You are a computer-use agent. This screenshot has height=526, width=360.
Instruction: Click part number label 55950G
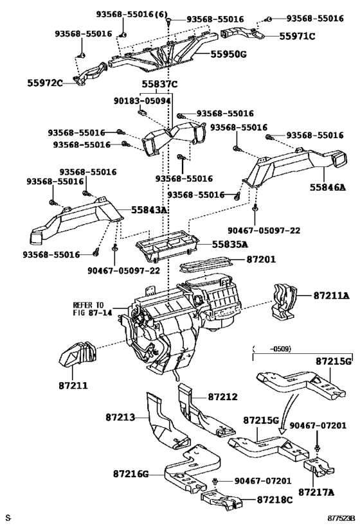(x=228, y=54)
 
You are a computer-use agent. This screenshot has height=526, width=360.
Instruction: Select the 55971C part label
(x=297, y=36)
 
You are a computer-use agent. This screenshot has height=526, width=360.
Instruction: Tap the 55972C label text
(x=45, y=83)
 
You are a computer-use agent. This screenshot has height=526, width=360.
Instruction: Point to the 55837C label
(x=159, y=84)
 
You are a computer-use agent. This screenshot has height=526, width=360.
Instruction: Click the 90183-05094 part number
(x=141, y=101)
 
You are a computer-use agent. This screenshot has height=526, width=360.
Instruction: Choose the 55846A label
(x=327, y=187)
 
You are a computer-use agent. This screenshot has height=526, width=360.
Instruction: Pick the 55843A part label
(x=148, y=210)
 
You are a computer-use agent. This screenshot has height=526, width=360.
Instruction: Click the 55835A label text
(x=230, y=245)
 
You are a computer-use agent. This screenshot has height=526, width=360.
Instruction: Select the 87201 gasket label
(x=261, y=259)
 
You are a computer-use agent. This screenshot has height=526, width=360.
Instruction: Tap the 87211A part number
(x=332, y=295)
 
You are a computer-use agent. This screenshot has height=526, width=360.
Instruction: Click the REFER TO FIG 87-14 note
(x=89, y=309)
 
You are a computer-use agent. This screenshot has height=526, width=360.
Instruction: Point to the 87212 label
(x=222, y=397)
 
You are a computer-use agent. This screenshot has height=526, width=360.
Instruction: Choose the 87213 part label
(x=120, y=417)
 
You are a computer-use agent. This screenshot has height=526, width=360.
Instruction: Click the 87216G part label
(x=130, y=474)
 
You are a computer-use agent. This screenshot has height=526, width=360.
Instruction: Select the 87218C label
(x=275, y=500)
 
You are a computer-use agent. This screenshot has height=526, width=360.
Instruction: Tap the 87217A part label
(x=316, y=492)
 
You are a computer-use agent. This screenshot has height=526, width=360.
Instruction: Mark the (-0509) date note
(x=272, y=349)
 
